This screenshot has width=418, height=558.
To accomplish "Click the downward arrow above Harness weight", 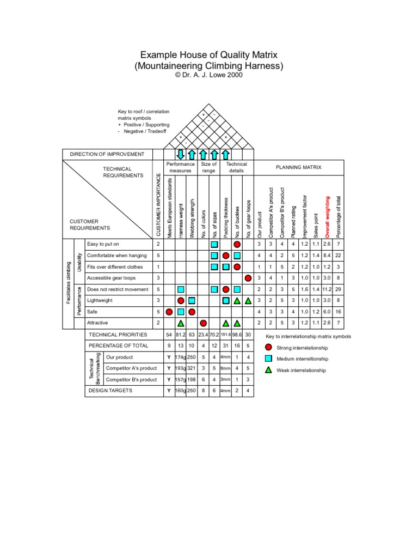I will (181, 154).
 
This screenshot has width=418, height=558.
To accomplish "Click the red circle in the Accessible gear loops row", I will (248, 278).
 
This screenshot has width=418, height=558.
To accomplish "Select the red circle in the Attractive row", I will (204, 323).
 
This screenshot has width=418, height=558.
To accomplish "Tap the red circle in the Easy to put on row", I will (237, 245).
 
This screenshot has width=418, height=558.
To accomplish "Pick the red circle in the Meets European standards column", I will (169, 312).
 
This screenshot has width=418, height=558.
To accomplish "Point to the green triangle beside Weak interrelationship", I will (268, 370).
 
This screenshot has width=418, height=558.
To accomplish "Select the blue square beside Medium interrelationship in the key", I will (268, 359).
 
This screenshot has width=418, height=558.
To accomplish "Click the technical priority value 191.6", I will (226, 335).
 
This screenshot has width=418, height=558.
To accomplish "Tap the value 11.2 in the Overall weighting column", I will (327, 289).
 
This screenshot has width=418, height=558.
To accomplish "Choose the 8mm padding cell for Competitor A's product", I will (226, 368).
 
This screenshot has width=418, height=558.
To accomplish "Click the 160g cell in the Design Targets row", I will (180, 391).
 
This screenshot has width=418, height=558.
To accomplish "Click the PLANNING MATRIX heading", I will (298, 167).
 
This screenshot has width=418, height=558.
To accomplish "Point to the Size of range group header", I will (208, 167).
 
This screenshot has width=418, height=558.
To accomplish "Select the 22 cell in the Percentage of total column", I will (339, 256).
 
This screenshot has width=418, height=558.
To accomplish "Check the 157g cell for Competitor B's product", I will (180, 379).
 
